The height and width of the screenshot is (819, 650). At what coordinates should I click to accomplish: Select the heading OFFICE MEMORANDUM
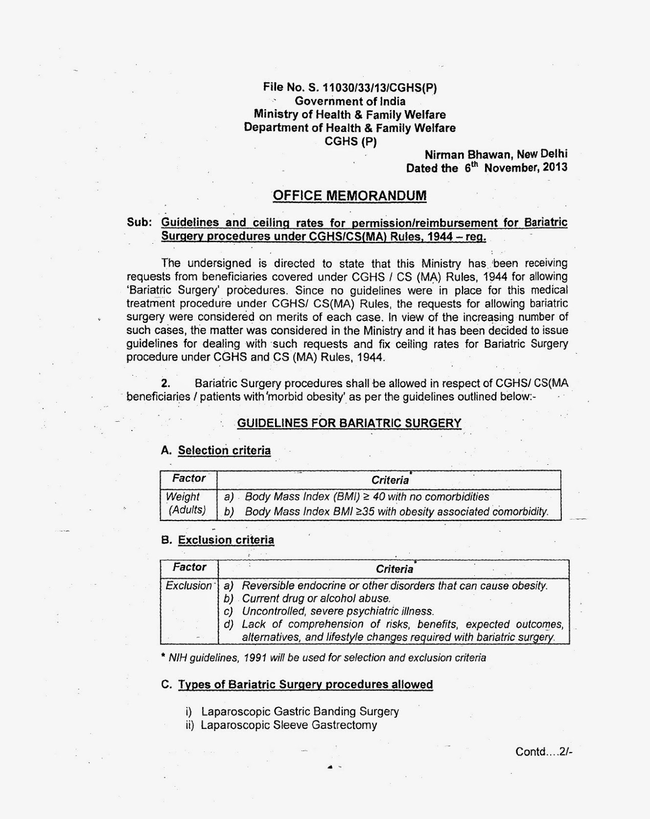(x=349, y=196)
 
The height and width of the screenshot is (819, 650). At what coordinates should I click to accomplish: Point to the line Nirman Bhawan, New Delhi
(x=496, y=154)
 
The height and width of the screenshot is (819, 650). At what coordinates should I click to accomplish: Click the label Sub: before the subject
(x=139, y=223)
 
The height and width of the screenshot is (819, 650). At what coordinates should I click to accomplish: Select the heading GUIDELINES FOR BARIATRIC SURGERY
(x=349, y=423)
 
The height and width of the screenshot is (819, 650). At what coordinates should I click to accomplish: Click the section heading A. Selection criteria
(x=216, y=451)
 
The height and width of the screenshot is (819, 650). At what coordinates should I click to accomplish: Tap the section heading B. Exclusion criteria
(x=218, y=540)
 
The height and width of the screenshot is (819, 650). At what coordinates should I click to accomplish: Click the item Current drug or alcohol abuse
(x=316, y=598)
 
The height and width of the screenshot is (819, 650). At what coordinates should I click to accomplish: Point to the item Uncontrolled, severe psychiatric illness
(x=338, y=611)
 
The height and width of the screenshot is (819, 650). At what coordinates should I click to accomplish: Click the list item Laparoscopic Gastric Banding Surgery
(x=300, y=712)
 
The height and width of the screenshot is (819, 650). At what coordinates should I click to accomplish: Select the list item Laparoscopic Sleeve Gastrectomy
(x=288, y=725)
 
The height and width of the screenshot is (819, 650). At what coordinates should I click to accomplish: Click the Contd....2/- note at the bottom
(x=541, y=752)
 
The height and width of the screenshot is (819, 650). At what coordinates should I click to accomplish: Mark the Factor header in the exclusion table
(x=189, y=567)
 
